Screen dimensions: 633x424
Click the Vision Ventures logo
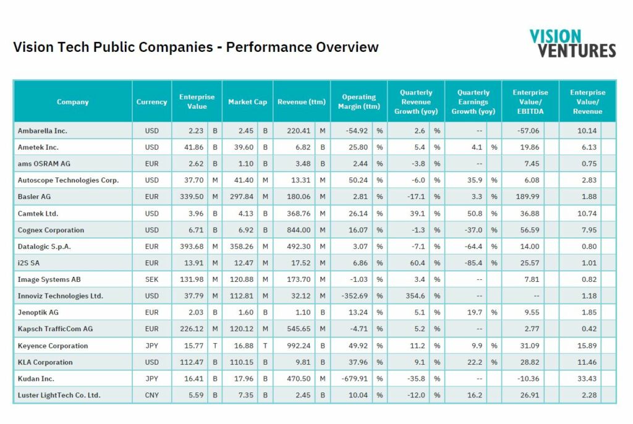point(573,43)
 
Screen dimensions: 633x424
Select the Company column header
point(73,102)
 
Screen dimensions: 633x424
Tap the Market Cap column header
point(247,102)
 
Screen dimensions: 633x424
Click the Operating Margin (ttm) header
point(359,102)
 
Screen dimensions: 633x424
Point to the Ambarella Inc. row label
point(43,131)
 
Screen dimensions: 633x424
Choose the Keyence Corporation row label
point(53,346)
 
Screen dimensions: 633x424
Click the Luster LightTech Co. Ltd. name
point(59,395)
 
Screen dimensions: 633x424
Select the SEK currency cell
point(152,279)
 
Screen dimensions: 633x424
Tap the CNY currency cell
point(152,395)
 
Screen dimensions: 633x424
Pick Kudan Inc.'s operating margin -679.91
point(355,379)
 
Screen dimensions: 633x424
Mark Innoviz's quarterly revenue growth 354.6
point(415,296)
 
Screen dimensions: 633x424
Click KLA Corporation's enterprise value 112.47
point(192,362)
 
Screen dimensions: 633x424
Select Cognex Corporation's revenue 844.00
point(299,230)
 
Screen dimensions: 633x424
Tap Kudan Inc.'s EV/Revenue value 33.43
point(587,379)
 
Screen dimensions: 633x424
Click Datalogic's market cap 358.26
point(242,247)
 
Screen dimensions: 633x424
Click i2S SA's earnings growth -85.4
point(474,263)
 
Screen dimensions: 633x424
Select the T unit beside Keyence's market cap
point(265,346)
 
